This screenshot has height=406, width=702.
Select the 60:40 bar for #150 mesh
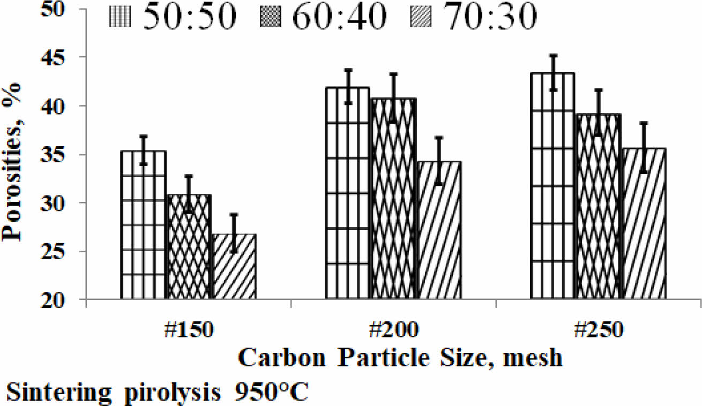pyautogui.click(x=189, y=246)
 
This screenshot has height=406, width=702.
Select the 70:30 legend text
pyautogui.click(x=491, y=18)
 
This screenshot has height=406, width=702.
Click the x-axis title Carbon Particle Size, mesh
pyautogui.click(x=400, y=357)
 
